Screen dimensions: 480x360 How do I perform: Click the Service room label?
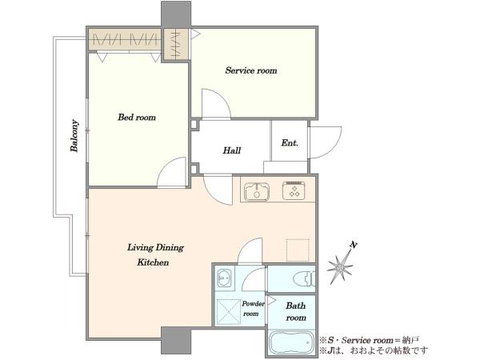pos(251,70)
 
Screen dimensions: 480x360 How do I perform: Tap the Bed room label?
pos(137,118)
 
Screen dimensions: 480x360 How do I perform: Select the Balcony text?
pos(74,136)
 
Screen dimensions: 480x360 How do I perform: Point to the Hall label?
pos(232,150)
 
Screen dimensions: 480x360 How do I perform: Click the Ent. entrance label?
pos(290,143)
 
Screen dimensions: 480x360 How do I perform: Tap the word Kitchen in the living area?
pos(153,262)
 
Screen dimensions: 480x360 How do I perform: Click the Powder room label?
pos(253,309)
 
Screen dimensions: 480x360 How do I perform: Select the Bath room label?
pos(296,312)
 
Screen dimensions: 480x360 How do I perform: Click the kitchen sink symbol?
pos(257,192)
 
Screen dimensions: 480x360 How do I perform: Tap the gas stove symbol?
pos(294,190)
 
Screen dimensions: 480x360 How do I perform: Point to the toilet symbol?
pos(304,279)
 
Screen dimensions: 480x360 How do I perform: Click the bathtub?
pos(291,342)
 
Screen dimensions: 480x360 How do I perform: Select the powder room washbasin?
pos(224,278)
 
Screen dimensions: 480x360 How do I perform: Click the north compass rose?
pos(341,267)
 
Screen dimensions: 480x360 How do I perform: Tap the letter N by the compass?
pos(354,245)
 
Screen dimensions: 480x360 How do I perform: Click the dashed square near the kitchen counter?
pos(298,250)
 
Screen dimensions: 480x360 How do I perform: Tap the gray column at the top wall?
pos(176,14)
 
